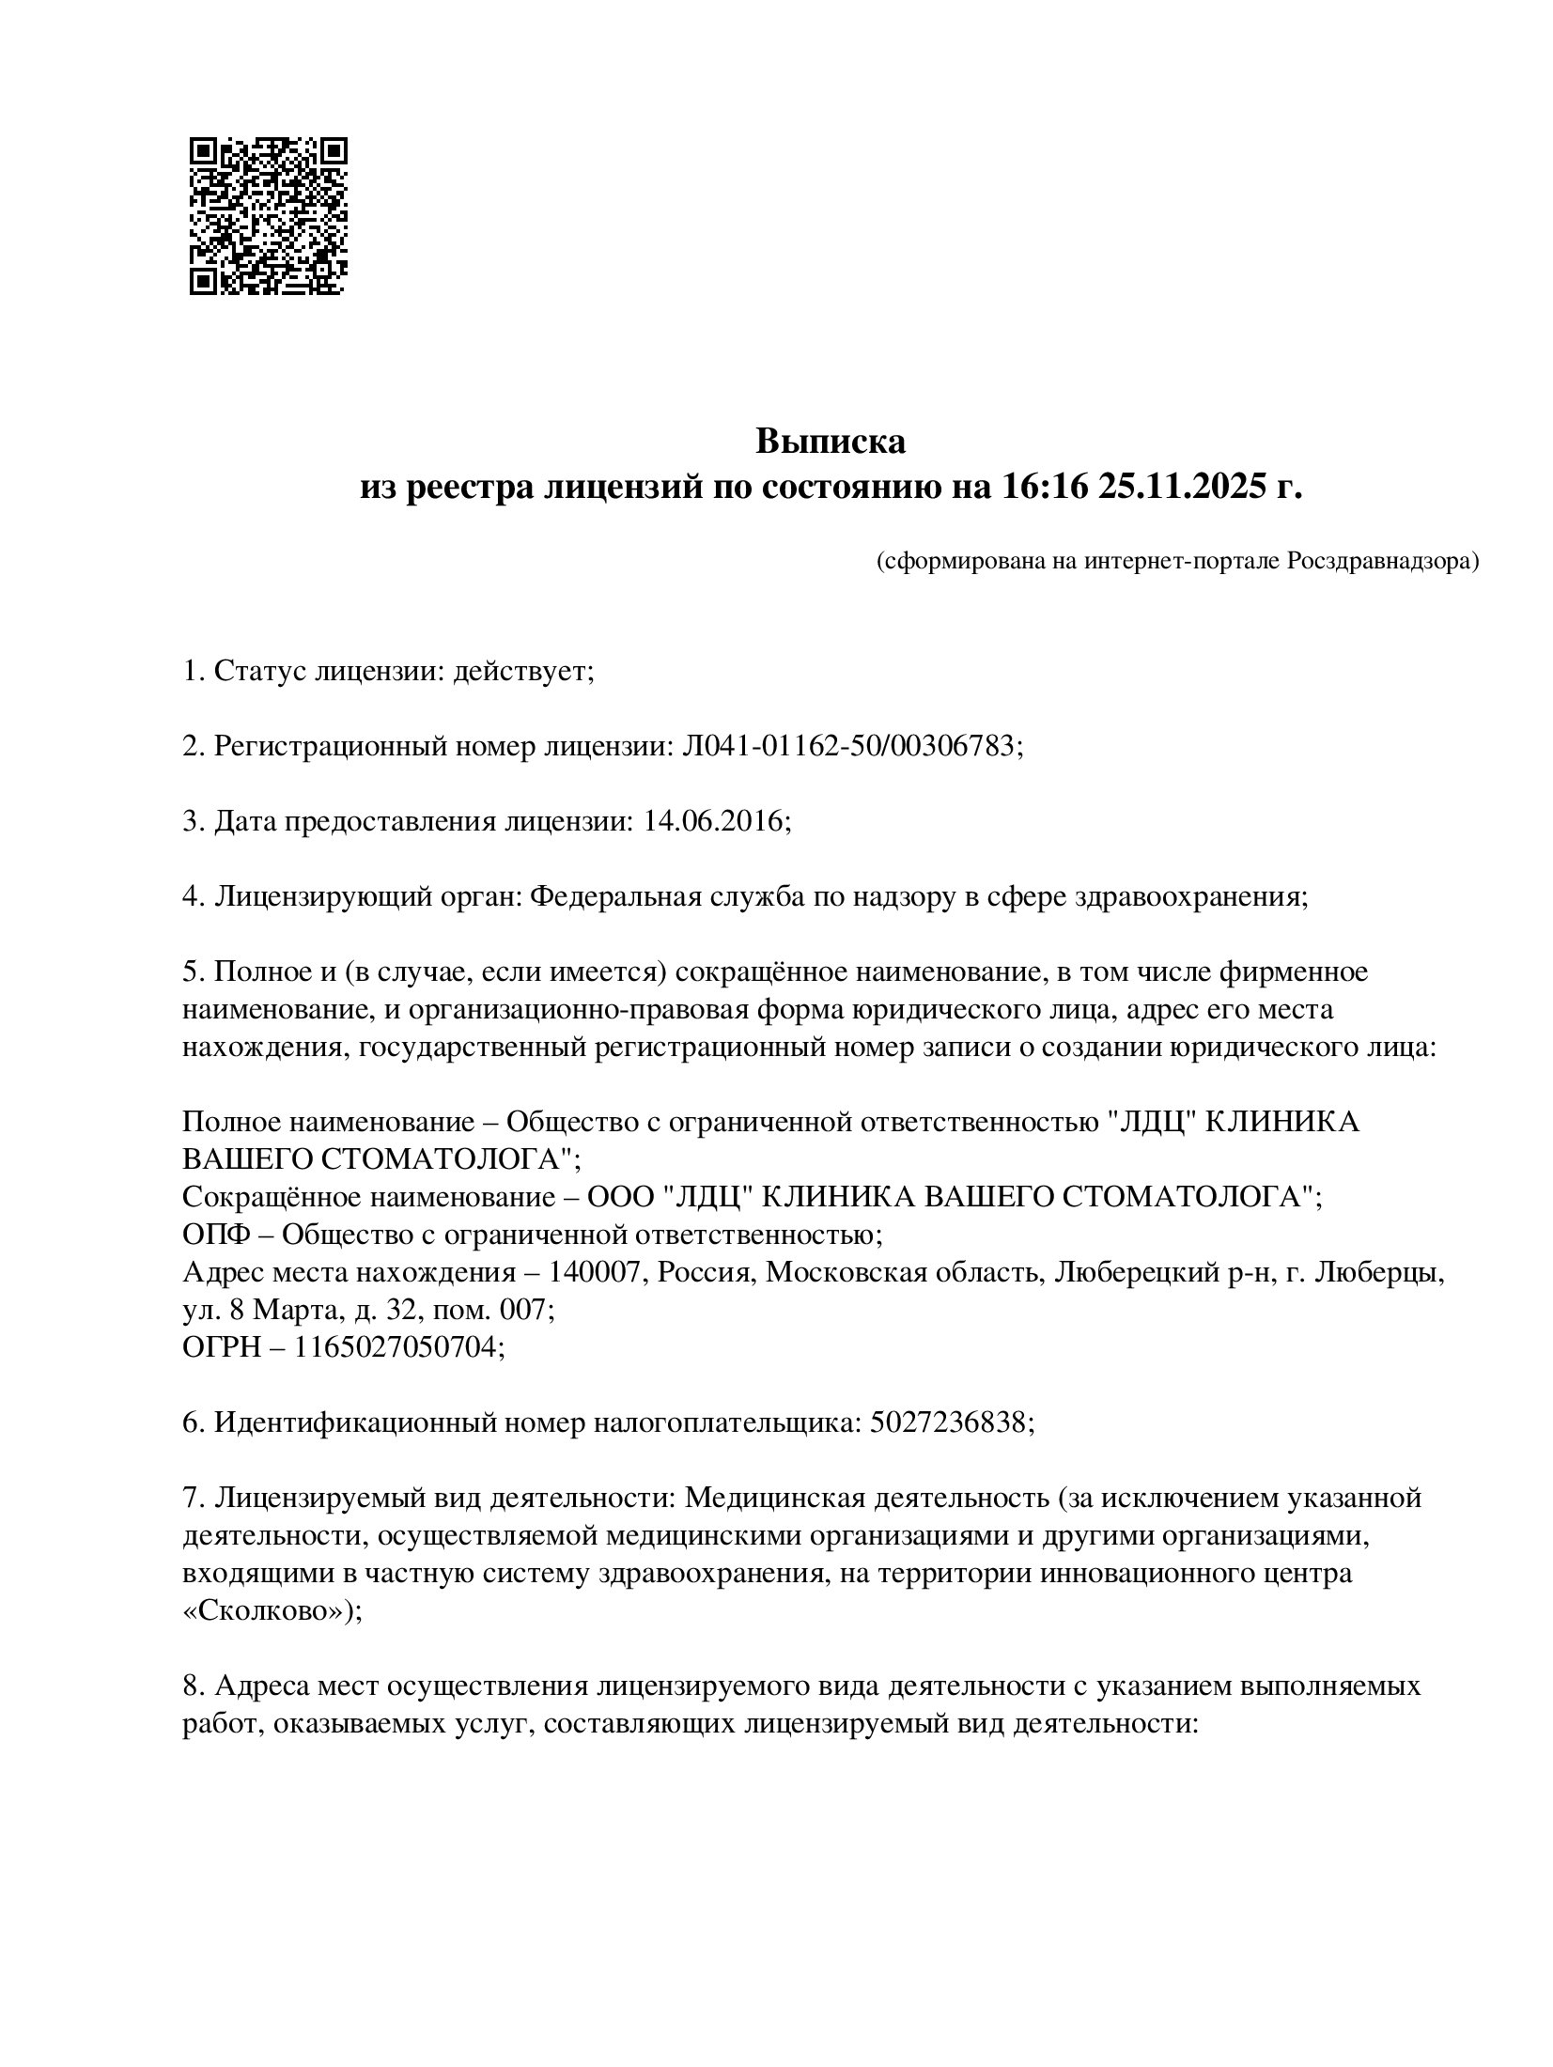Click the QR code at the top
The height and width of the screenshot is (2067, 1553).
coord(269,216)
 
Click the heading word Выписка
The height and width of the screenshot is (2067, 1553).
coord(831,441)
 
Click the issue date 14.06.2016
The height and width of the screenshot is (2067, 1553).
coord(713,821)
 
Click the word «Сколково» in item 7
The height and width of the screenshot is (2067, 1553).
coord(267,1610)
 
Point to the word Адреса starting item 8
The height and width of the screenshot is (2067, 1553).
coord(261,1686)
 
